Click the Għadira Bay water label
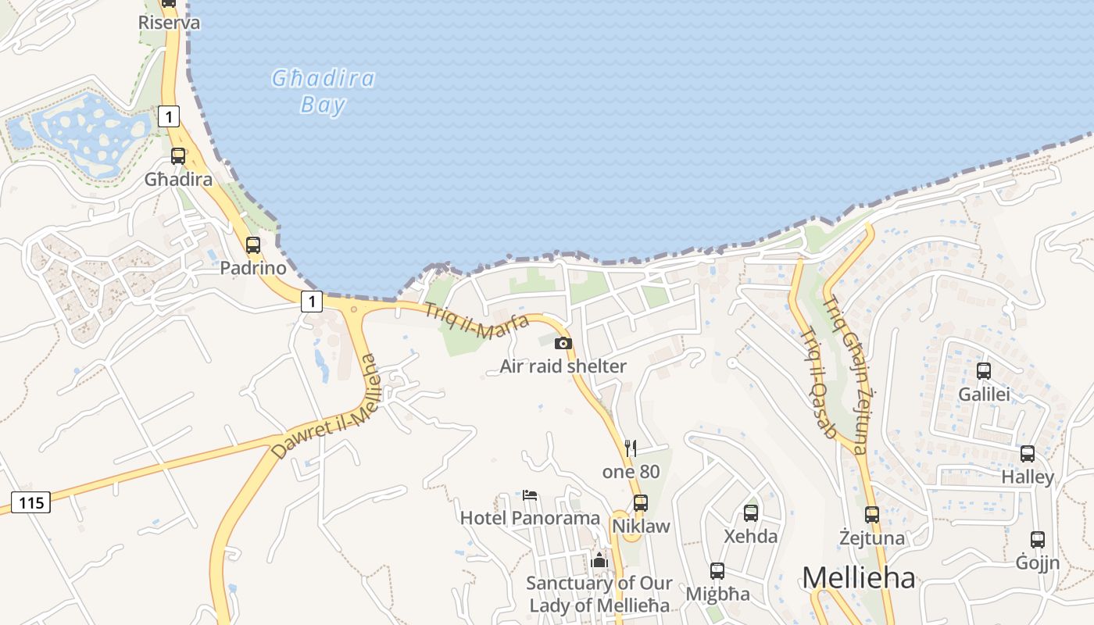(x=323, y=91)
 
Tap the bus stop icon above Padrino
(x=252, y=245)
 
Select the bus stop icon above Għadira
(x=178, y=156)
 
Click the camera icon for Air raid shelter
(x=563, y=343)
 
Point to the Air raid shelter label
(x=563, y=366)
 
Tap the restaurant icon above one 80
(x=631, y=448)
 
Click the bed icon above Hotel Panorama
(x=530, y=495)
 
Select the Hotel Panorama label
(x=530, y=518)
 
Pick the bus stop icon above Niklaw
(x=641, y=503)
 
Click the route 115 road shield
(x=31, y=502)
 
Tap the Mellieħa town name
(x=858, y=578)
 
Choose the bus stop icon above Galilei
(x=984, y=371)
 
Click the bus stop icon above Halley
(x=1028, y=454)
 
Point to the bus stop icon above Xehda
(x=751, y=513)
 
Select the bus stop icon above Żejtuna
(x=872, y=515)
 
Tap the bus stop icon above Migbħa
(x=717, y=571)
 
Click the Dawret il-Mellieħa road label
(x=325, y=407)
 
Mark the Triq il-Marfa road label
(x=477, y=321)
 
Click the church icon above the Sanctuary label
(x=599, y=560)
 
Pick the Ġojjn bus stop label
(x=1038, y=562)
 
